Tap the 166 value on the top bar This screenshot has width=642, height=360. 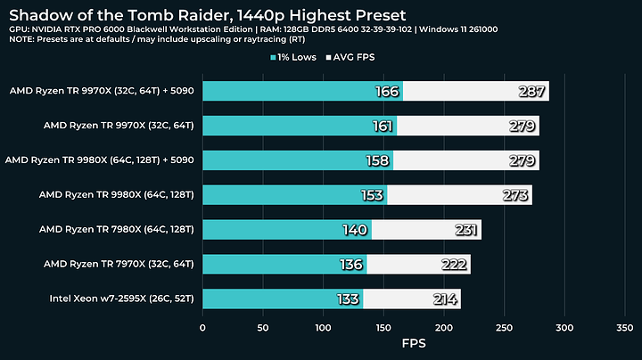[x=386, y=91]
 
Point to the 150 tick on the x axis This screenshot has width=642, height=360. [x=383, y=328]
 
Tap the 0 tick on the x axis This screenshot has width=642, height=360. [x=203, y=328]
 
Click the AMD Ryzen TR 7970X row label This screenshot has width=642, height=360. [x=121, y=264]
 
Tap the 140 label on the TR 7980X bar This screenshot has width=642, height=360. [x=355, y=229]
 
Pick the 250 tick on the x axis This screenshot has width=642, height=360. [x=504, y=328]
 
